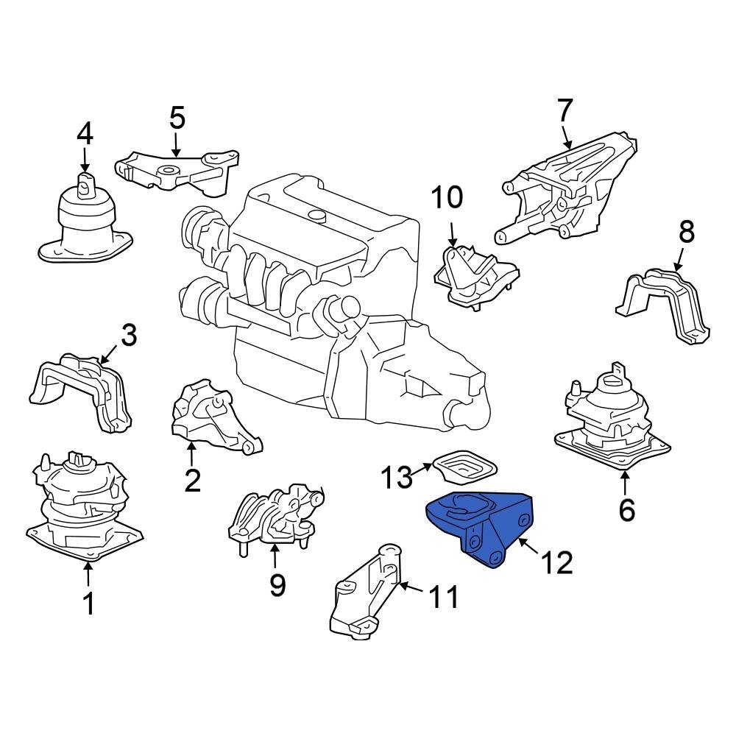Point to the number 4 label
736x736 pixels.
(x=85, y=134)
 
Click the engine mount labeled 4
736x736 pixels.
(x=85, y=221)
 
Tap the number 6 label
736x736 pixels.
(x=626, y=509)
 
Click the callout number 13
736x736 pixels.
(x=397, y=478)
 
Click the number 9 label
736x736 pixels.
(x=277, y=585)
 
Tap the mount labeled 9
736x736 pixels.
(x=276, y=515)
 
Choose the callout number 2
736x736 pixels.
(x=192, y=481)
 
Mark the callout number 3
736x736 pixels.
(x=129, y=336)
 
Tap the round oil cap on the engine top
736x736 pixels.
(x=317, y=215)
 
